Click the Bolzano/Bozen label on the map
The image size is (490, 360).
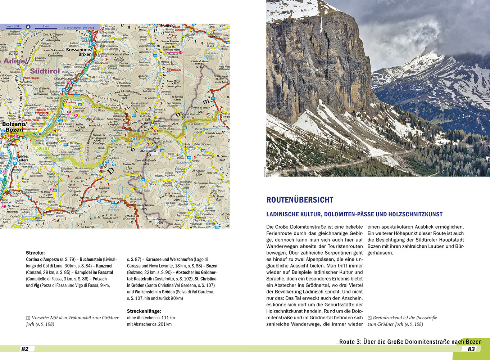coord(14,127)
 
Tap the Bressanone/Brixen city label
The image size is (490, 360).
coord(79,52)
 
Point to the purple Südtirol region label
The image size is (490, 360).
coord(45,71)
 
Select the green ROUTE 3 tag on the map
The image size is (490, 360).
coord(41,148)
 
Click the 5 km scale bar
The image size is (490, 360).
coord(45,27)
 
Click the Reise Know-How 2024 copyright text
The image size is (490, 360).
coord(79,27)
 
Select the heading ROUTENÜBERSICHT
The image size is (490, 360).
coord(300,200)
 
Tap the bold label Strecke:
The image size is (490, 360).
coord(35,253)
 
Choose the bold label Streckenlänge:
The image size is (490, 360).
coord(144,311)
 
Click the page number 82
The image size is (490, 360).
coord(25,349)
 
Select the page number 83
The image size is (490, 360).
coord(471,349)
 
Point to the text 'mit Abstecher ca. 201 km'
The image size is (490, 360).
coord(149,324)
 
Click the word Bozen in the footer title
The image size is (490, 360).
coord(473,342)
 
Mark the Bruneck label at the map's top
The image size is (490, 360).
coord(167,26)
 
